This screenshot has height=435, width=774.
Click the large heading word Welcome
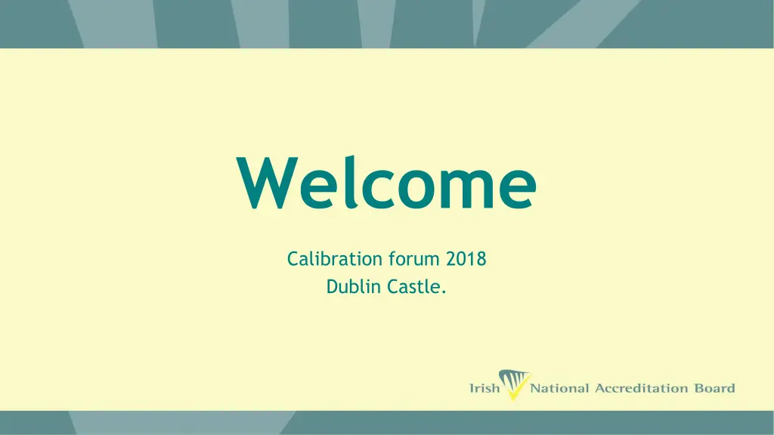pyautogui.click(x=386, y=184)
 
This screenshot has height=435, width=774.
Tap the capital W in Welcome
pyautogui.click(x=264, y=184)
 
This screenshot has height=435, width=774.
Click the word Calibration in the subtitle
pyautogui.click(x=334, y=260)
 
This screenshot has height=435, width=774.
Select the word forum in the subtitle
pyautogui.click(x=414, y=260)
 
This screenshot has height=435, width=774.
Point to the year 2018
pyautogui.click(x=466, y=260)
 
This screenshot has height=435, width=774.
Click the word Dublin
pyautogui.click(x=351, y=287)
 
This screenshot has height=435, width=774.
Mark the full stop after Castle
pyautogui.click(x=444, y=292)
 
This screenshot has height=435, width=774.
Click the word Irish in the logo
pyautogui.click(x=485, y=389)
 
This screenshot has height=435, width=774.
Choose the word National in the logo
pyautogui.click(x=559, y=389)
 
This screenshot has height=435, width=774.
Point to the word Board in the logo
pyautogui.click(x=714, y=389)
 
